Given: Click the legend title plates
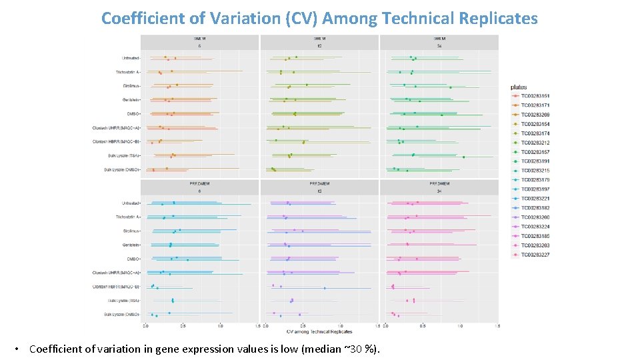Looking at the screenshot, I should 519,87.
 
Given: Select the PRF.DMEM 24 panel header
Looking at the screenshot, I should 439,187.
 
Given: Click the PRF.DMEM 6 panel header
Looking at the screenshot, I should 199,187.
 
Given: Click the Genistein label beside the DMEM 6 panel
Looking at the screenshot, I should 131,100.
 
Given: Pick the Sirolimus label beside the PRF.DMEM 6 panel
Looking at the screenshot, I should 131,231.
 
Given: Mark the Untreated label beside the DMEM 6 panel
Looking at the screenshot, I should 131,58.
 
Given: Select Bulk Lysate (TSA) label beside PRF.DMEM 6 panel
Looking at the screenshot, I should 124,301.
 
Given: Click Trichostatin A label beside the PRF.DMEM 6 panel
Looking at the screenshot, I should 127,217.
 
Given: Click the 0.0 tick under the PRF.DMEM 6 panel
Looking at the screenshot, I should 146,326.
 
